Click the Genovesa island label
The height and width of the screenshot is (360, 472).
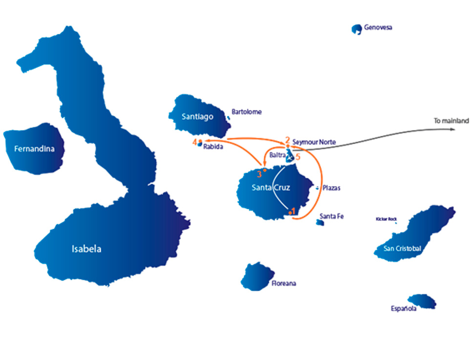(378, 28)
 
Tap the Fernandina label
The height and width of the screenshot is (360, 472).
(34, 148)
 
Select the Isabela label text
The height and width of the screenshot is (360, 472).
(86, 249)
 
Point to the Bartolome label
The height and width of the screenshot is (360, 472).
(247, 112)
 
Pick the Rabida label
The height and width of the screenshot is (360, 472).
(213, 145)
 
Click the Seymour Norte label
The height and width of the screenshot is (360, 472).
(314, 142)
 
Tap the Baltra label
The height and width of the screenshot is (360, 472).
(277, 155)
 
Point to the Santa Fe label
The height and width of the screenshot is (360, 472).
(331, 216)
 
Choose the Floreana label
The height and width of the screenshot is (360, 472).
(284, 283)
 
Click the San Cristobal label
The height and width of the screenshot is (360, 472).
(402, 249)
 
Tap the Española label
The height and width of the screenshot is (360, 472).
(403, 309)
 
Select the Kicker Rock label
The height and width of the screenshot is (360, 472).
(385, 219)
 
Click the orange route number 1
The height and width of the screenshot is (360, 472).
(293, 211)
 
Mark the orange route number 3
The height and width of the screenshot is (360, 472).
(259, 173)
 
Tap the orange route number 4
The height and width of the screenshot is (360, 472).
(194, 142)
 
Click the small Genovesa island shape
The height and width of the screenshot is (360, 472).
(357, 29)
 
